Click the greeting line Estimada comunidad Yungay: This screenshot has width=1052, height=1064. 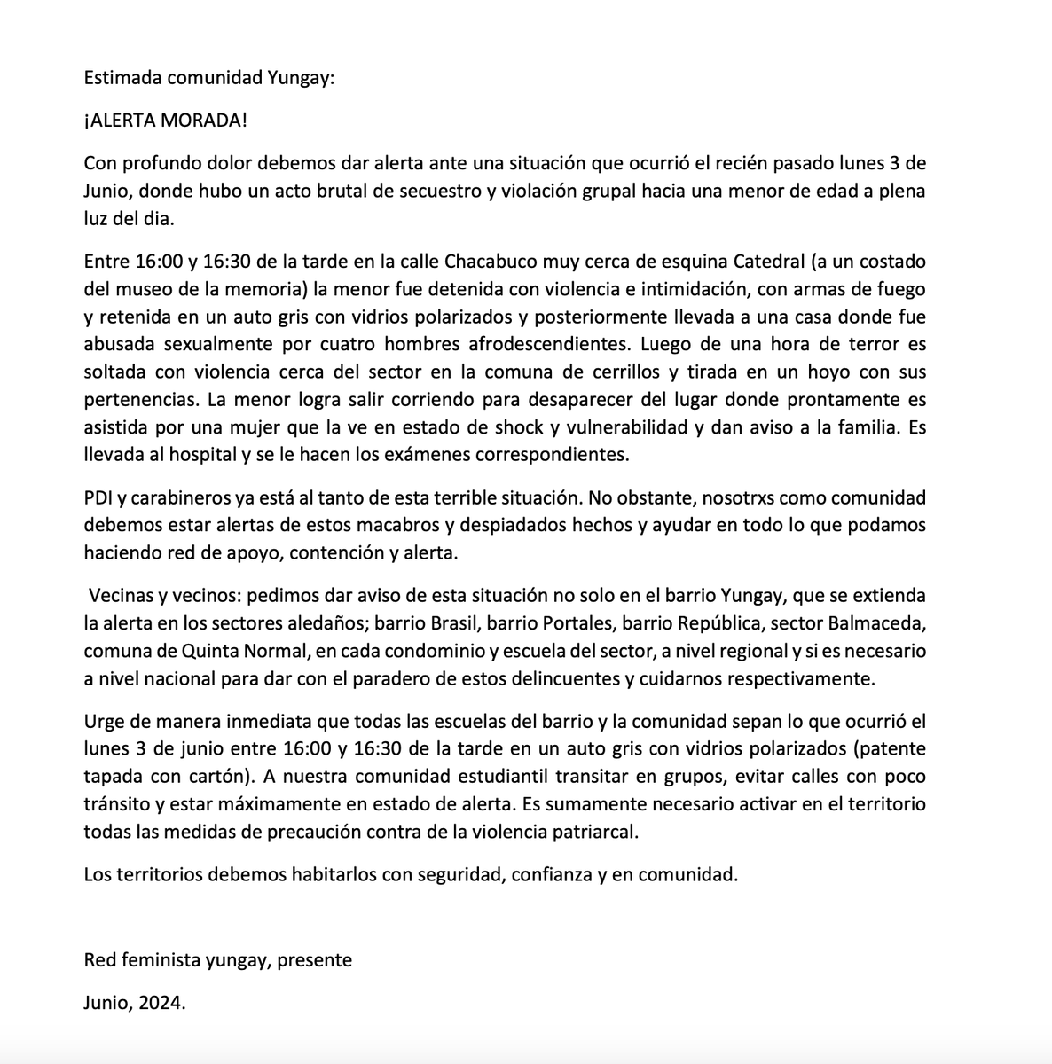tap(210, 77)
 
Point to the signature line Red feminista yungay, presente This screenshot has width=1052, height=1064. tap(217, 960)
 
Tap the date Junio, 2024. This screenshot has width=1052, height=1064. tap(135, 1004)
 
